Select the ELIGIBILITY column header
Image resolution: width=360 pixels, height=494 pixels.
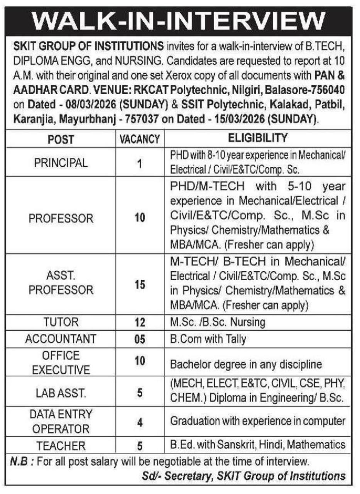point(258,138)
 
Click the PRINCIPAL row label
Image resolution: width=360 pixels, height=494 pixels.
point(61,163)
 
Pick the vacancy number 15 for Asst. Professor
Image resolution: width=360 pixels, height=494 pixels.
point(140,285)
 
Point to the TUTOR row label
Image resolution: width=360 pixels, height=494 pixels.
point(61,322)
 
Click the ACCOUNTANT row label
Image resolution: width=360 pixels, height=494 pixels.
point(61,339)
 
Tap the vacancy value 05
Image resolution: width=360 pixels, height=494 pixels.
point(140,340)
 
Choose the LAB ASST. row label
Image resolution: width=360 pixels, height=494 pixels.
point(61,393)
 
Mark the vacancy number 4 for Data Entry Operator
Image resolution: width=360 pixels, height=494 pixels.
point(140,422)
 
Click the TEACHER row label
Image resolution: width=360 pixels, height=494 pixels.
point(61,446)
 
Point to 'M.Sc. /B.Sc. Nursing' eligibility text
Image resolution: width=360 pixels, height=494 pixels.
point(218,322)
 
